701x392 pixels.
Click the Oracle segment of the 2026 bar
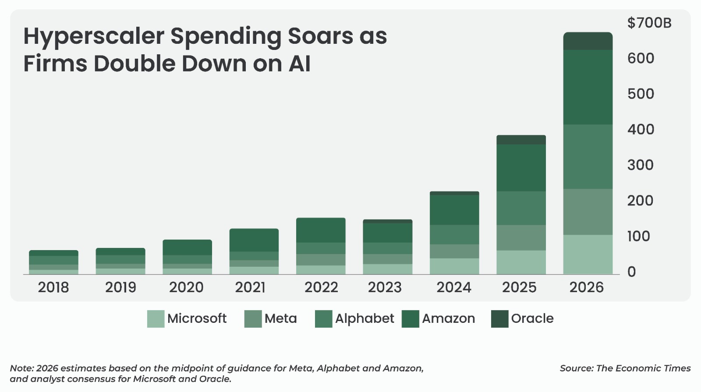[588, 41]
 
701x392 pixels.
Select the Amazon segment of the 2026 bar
[588, 87]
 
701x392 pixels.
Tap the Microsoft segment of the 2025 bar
[521, 262]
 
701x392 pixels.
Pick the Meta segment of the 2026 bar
[588, 212]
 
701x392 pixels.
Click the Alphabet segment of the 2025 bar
[521, 208]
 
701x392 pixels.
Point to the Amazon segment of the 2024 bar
[454, 210]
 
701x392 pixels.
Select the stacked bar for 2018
[53, 262]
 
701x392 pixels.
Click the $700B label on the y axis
[649, 23]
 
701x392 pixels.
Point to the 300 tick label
[640, 165]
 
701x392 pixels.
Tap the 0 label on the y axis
[631, 272]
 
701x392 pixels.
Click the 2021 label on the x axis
[250, 287]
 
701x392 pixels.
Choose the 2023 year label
[385, 287]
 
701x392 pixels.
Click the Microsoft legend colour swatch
[156, 319]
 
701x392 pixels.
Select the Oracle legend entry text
[532, 318]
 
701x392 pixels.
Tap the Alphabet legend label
[364, 318]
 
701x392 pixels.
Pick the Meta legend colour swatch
[253, 319]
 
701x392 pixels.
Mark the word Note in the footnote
[21, 368]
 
